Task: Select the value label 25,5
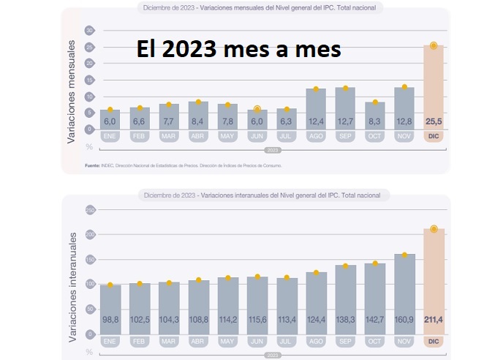[x=433, y=121]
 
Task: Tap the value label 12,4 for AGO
[x=316, y=121]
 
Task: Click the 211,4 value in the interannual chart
[x=433, y=320]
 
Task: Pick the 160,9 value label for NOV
[x=404, y=320]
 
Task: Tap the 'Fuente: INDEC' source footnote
[x=183, y=166]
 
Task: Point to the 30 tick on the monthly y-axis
[x=89, y=31]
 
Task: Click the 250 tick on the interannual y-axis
[x=89, y=210]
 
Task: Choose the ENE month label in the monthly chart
[x=110, y=136]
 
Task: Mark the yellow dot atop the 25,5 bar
[x=433, y=45]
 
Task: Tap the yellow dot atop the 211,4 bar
[x=433, y=229]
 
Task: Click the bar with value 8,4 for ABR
[x=198, y=113]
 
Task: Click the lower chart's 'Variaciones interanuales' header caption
[x=263, y=195]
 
